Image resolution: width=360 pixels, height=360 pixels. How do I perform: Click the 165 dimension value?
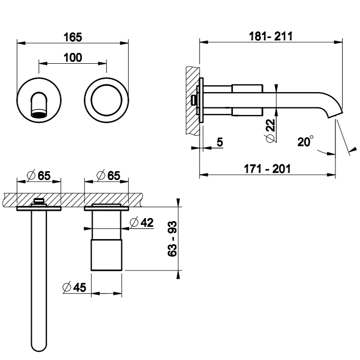tap(73, 37)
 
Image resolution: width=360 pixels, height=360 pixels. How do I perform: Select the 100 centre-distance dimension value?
tap(73, 58)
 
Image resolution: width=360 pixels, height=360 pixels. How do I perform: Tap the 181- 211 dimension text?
tap(271, 37)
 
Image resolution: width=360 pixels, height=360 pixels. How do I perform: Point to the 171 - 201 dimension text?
tap(267, 169)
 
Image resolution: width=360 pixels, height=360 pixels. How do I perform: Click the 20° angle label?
tap(305, 141)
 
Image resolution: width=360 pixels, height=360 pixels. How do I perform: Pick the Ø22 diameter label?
tap(271, 131)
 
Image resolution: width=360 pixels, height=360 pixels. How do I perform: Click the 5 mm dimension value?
tap(220, 142)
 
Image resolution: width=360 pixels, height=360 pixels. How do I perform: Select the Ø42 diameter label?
tap(141, 222)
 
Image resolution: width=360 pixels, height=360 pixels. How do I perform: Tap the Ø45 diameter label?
tap(74, 287)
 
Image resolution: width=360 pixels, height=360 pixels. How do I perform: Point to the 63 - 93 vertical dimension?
tap(172, 239)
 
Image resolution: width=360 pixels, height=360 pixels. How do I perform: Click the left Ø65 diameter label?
tap(39, 176)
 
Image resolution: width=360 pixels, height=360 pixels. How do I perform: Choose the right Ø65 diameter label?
tap(108, 176)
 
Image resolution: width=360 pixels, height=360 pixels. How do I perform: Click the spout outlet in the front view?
tap(39, 113)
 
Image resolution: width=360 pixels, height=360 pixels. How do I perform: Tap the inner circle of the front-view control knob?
tap(106, 100)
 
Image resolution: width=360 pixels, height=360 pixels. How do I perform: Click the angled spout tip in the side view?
tap(334, 114)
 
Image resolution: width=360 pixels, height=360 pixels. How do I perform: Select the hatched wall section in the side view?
tap(193, 101)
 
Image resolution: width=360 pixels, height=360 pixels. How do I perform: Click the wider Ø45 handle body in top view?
tap(106, 255)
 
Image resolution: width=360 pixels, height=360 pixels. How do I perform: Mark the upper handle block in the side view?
tap(247, 88)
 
